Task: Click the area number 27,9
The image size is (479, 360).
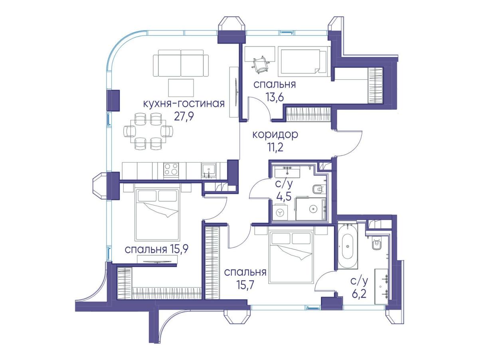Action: pyautogui.click(x=184, y=117)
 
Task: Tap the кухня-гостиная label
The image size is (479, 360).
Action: pyautogui.click(x=184, y=104)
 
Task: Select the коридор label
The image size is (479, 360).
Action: pyautogui.click(x=275, y=135)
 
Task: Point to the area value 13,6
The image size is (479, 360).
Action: pyautogui.click(x=275, y=97)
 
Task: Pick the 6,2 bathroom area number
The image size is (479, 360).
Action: pyautogui.click(x=359, y=294)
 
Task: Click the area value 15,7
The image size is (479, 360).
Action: pyautogui.click(x=245, y=285)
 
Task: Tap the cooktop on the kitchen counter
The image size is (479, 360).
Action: pyautogui.click(x=171, y=169)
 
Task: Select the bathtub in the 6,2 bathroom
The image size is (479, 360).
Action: pyautogui.click(x=348, y=245)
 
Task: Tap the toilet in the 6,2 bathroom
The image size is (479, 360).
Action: pyautogui.click(x=377, y=245)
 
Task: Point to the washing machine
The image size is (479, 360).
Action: pyautogui.click(x=279, y=212)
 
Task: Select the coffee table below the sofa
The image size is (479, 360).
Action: pyautogui.click(x=181, y=88)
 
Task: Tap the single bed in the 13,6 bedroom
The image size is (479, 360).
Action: pyautogui.click(x=303, y=61)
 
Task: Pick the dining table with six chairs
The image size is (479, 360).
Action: pyautogui.click(x=148, y=131)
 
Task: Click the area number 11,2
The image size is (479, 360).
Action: pyautogui.click(x=275, y=148)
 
